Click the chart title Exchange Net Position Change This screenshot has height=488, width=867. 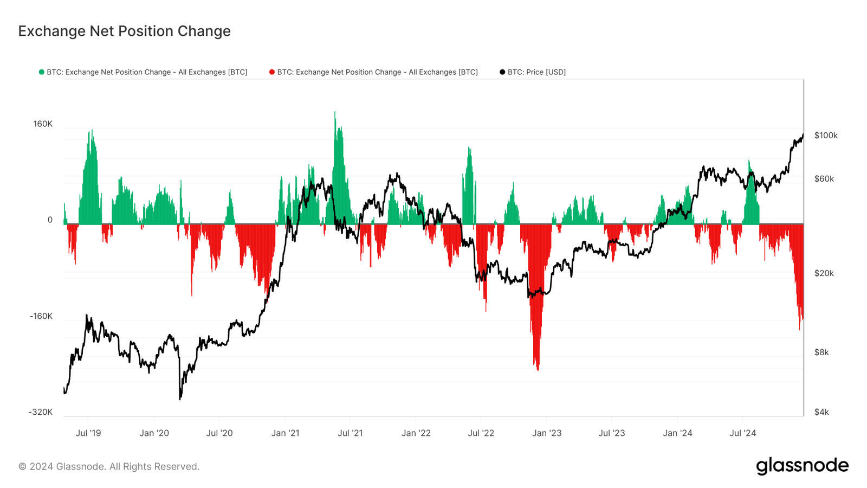click(x=124, y=31)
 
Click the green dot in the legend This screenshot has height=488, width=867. click(x=41, y=72)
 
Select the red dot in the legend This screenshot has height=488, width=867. click(x=271, y=72)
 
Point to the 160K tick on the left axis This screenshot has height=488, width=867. click(x=43, y=124)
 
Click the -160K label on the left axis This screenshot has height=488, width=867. click(x=41, y=316)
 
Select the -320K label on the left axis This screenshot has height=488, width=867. click(x=41, y=412)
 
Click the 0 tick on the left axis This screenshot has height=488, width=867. click(x=50, y=220)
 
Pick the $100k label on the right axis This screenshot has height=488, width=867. click(x=826, y=135)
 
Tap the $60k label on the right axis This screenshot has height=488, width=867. click(x=824, y=178)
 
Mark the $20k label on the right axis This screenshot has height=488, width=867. click(x=824, y=273)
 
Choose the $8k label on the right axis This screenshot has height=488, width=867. click(x=821, y=352)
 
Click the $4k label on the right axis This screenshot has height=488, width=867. click(x=821, y=412)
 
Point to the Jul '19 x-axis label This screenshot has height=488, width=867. click(x=88, y=433)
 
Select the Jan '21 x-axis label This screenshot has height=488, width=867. click(x=285, y=433)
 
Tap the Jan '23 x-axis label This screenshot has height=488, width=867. click(x=547, y=433)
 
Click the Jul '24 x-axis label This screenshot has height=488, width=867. click(x=742, y=433)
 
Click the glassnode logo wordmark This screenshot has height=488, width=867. click(x=802, y=466)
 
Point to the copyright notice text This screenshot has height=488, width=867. click(x=109, y=466)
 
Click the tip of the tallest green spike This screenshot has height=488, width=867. click(x=335, y=112)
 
